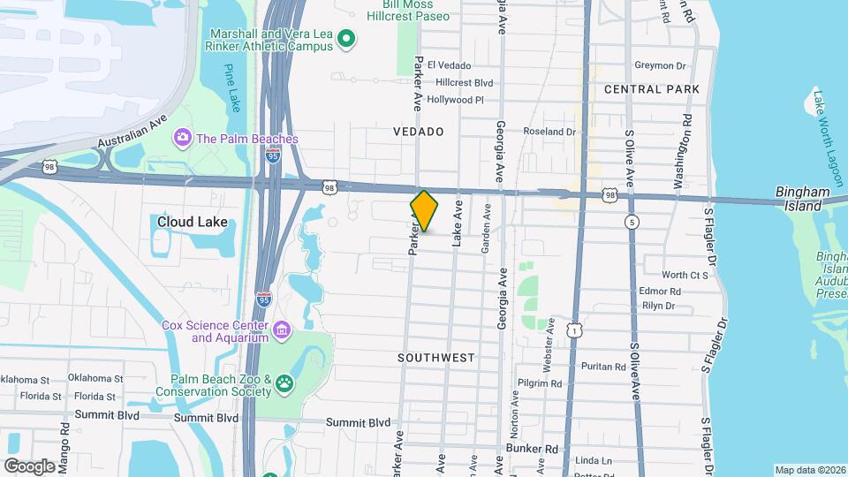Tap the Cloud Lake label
tap(193, 222)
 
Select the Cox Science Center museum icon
tap(282, 330)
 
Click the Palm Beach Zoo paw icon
tap(285, 382)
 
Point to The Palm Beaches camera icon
tap(183, 138)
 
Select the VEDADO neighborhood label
tap(419, 132)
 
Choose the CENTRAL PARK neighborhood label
tap(652, 89)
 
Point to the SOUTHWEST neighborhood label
tap(435, 358)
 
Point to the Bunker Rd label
tap(533, 449)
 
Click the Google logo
tap(29, 466)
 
